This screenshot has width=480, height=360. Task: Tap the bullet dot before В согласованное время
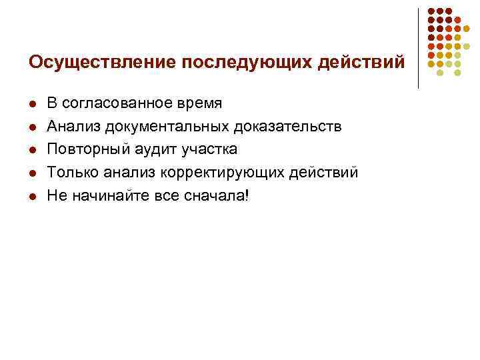pos(32,104)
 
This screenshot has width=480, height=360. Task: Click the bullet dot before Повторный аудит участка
pos(32,150)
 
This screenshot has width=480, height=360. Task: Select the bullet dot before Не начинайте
pos(32,197)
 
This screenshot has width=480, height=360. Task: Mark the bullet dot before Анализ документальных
pos(32,127)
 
